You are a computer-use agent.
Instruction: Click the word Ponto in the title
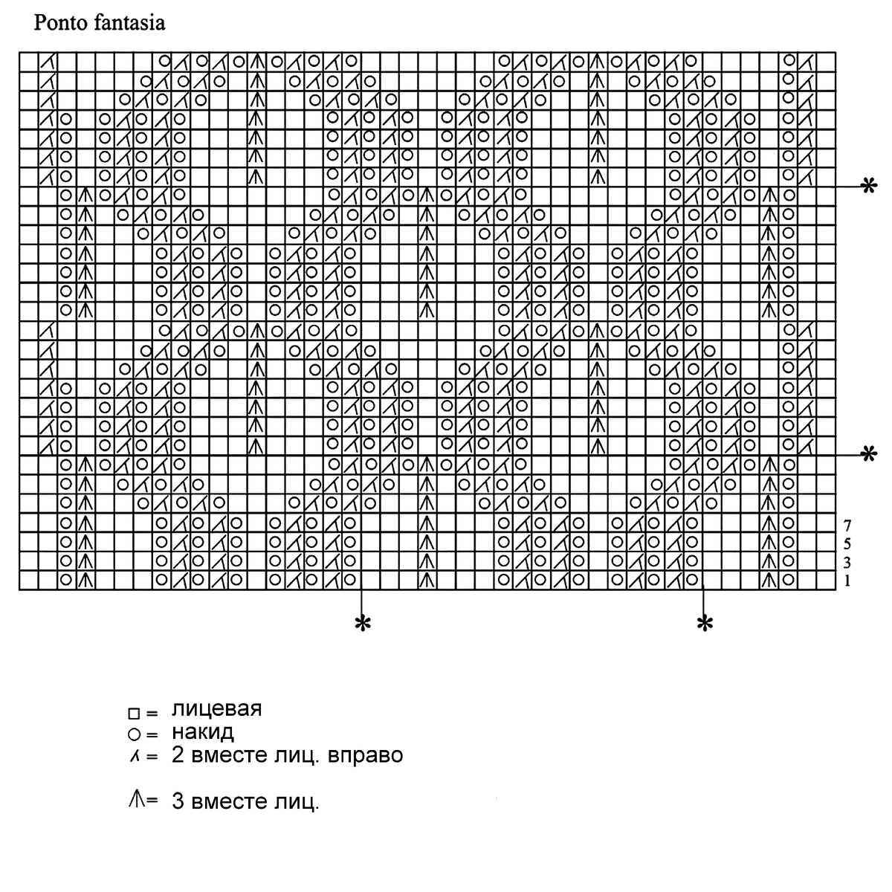54,24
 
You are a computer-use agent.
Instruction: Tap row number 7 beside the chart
847,523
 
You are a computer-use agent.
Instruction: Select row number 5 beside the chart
847,543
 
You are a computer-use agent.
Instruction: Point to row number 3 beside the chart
847,562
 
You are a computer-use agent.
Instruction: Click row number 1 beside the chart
847,581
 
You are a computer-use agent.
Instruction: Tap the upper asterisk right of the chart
866,187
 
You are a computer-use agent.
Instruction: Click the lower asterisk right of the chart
866,454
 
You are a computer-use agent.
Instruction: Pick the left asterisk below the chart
362,624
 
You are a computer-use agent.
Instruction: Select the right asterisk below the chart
703,624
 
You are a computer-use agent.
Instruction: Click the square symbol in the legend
133,714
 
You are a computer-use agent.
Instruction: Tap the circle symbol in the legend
133,735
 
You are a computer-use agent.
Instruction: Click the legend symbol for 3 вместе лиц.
135,799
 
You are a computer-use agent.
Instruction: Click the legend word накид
203,731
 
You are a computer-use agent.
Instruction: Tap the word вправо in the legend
367,756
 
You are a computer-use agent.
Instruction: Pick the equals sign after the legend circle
152,735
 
